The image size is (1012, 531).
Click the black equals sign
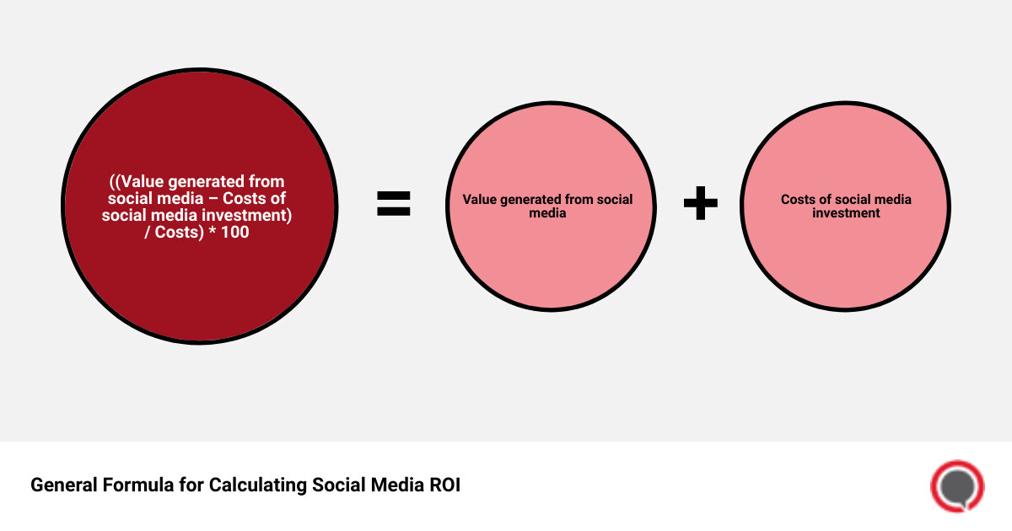[x=394, y=204]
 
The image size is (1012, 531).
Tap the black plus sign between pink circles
[x=700, y=204]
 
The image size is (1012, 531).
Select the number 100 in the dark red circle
[x=234, y=232]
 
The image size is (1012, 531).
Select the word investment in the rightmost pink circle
[x=846, y=213]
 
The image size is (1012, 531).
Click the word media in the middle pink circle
[x=548, y=213]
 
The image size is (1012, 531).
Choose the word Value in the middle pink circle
[x=479, y=200]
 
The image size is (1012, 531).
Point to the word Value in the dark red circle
[x=143, y=182]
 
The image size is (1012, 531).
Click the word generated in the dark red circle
[x=210, y=182]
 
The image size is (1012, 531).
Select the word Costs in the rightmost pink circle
[x=799, y=200]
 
